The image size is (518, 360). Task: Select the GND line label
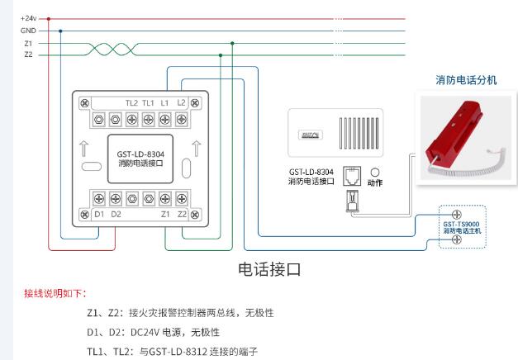pyautogui.click(x=28, y=31)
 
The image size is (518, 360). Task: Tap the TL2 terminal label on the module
pyautogui.click(x=131, y=102)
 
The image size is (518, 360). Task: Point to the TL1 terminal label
pyautogui.click(x=148, y=102)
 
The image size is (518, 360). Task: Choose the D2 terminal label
pyautogui.click(x=116, y=214)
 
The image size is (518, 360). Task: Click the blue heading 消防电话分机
pyautogui.click(x=467, y=80)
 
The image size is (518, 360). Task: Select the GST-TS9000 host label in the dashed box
pyautogui.click(x=461, y=223)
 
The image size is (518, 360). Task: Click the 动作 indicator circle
pyautogui.click(x=374, y=173)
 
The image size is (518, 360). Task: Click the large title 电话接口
pyautogui.click(x=269, y=269)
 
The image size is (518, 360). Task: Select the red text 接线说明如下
pyautogui.click(x=55, y=293)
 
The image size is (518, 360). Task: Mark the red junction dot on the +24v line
pyautogui.click(x=49, y=18)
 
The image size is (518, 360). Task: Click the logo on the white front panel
pyautogui.click(x=309, y=133)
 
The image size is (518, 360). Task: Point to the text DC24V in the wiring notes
pyautogui.click(x=146, y=333)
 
